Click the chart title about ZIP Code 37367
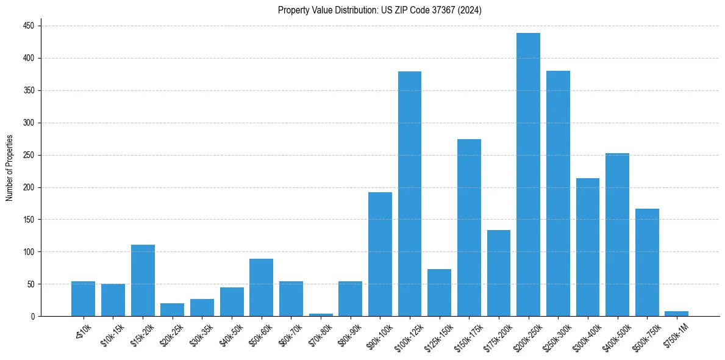tap(379, 10)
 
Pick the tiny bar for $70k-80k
tap(321, 315)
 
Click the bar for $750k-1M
tap(676, 314)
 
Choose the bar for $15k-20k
tap(143, 281)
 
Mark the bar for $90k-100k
tap(380, 254)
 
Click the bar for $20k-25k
tap(172, 310)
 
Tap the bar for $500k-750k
tap(647, 262)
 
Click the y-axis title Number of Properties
tap(10, 168)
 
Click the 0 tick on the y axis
tap(34, 317)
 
